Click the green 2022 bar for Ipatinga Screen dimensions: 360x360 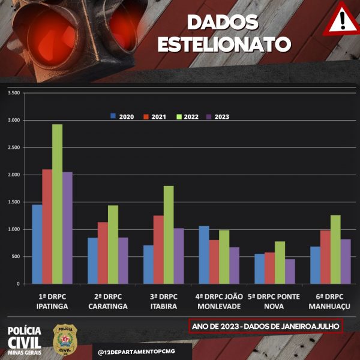[57, 204]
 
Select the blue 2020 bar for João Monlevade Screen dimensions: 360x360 [204, 255]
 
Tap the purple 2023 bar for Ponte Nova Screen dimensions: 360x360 [290, 271]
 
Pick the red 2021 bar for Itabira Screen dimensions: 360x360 [158, 250]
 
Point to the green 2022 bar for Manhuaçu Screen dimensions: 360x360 [335, 250]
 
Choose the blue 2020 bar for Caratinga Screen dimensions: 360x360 [92, 261]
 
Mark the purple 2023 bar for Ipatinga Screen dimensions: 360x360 [67, 228]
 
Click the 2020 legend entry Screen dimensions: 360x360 [122, 116]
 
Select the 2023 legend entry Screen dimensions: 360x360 [218, 116]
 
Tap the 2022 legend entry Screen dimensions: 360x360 [186, 116]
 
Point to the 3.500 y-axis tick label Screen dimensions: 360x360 [13, 93]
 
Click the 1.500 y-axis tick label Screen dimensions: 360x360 [13, 202]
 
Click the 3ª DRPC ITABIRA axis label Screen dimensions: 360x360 [163, 301]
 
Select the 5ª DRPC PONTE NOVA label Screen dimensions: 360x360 [274, 301]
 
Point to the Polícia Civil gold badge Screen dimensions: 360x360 [64, 339]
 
